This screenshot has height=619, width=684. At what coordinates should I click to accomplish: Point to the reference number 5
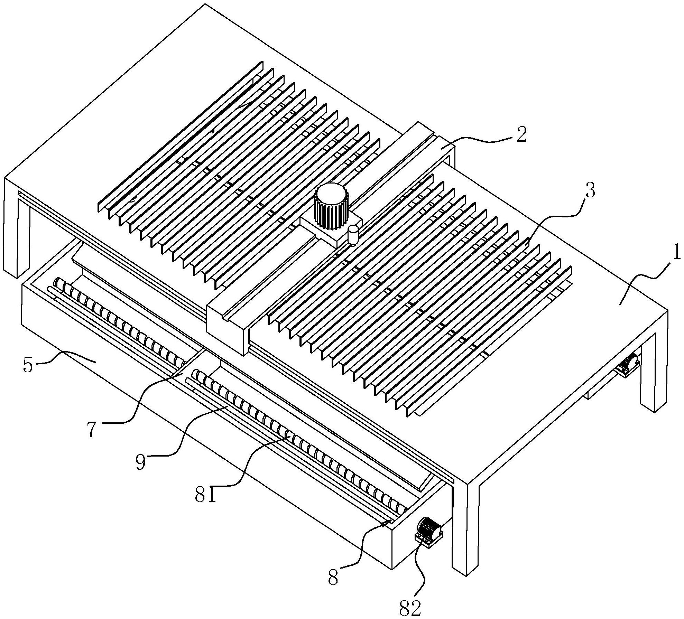28,366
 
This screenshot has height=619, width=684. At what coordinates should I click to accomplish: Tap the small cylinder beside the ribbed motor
353,235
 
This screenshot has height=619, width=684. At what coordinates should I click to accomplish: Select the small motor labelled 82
429,532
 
